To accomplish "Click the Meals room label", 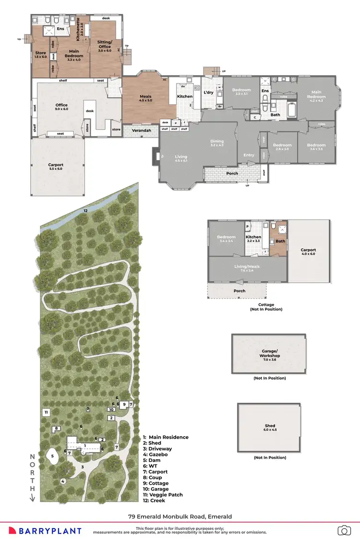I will coord(145,98).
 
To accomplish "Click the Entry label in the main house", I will coord(249,155).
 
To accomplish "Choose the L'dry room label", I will coord(208,92).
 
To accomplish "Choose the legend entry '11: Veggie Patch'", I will coord(163,494).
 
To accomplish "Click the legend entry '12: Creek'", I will coord(154,500).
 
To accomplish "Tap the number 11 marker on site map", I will coord(46,412).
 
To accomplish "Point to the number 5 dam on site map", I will coord(52,456).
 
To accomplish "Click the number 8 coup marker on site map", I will coord(56,429).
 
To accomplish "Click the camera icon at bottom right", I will coord(344,530).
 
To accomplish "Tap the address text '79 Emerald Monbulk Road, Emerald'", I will coord(180,516).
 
